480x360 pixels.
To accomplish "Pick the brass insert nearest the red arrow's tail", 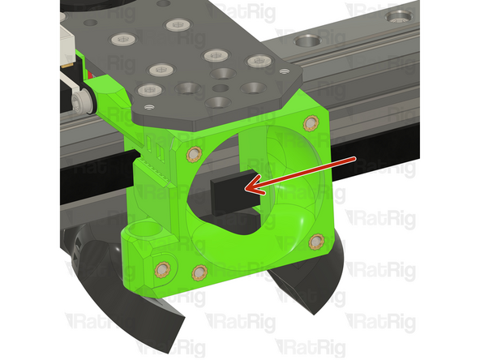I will click(310, 123).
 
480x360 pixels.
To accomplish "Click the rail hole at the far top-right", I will click(399, 16).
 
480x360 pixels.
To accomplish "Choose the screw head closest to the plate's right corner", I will click(257, 61).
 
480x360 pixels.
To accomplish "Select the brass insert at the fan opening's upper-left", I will click(192, 153).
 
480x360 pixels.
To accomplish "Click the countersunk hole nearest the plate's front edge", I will click(216, 102).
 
